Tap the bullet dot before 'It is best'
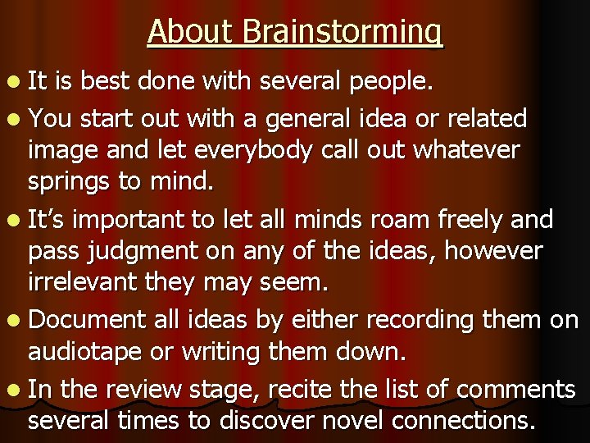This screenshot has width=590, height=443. [x=15, y=83]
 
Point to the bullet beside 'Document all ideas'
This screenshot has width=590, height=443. [x=15, y=320]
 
